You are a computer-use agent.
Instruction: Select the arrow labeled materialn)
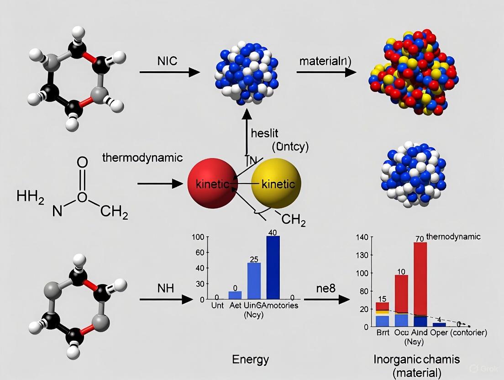[326, 72]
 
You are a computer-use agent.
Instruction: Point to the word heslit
[265, 133]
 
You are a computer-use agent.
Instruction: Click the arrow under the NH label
[167, 299]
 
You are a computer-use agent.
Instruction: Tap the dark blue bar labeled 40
[273, 267]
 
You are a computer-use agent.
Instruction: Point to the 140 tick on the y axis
[361, 237]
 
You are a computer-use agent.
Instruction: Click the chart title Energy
[251, 359]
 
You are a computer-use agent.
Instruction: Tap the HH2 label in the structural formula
[30, 197]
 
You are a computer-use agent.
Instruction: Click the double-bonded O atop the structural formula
[82, 162]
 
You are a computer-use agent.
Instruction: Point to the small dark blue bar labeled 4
[439, 325]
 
